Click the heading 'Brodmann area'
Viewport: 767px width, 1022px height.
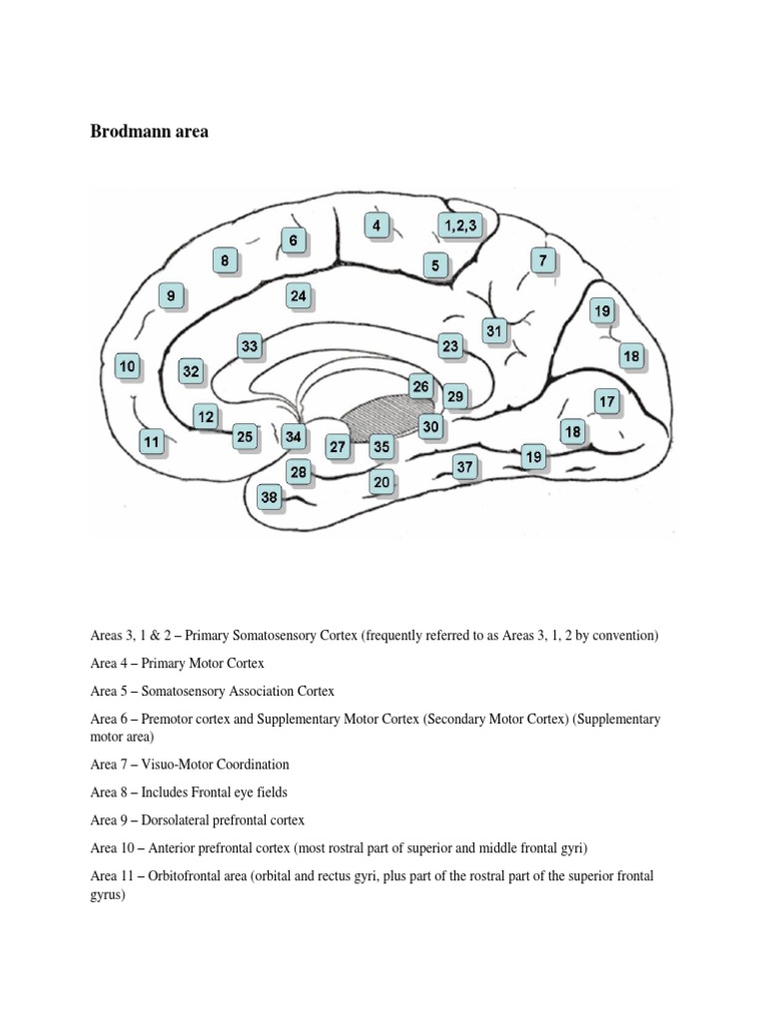pos(150,132)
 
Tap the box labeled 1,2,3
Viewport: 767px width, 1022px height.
pos(458,227)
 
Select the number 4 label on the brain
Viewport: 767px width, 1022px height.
pos(376,227)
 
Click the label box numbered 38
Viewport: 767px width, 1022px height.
pos(269,496)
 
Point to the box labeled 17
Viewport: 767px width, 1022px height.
pos(606,402)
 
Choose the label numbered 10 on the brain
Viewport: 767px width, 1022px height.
pos(127,367)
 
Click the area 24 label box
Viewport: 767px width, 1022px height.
pos(299,295)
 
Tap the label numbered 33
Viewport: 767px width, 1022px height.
pos(250,346)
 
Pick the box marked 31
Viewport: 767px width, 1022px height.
pos(493,329)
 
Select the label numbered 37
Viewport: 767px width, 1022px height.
pos(464,466)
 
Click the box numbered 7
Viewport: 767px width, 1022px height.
pos(542,261)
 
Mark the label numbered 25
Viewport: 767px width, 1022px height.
pos(245,436)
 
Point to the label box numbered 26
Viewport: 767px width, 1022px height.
pos(421,386)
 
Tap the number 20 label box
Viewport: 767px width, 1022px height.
pos(381,482)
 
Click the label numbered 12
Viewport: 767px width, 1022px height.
pos(206,417)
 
